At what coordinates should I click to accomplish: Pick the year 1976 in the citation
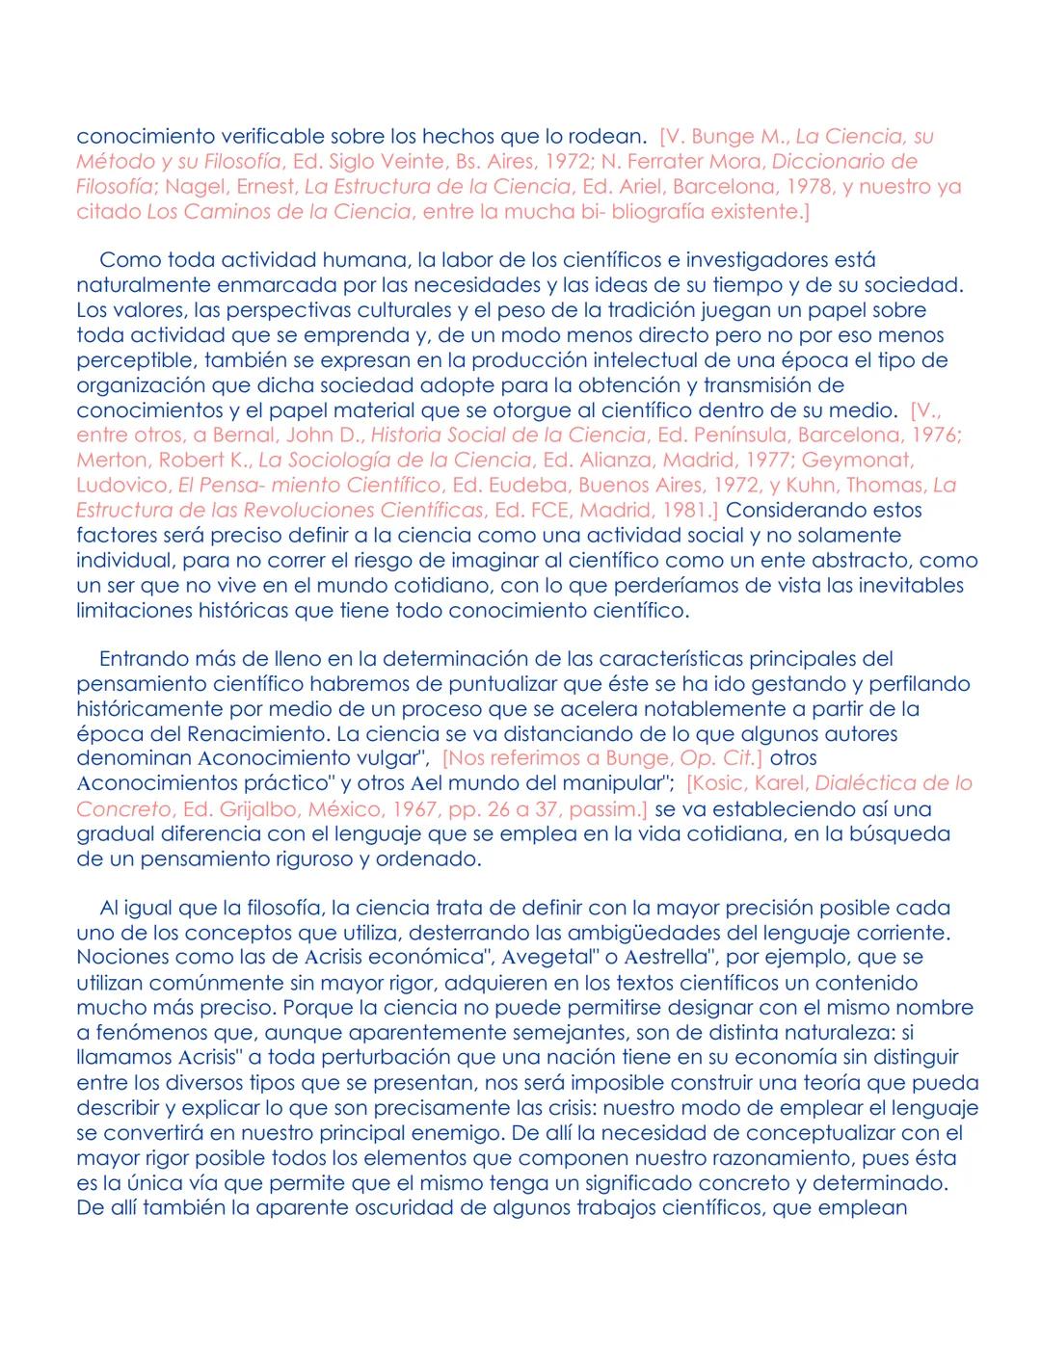(935, 435)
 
